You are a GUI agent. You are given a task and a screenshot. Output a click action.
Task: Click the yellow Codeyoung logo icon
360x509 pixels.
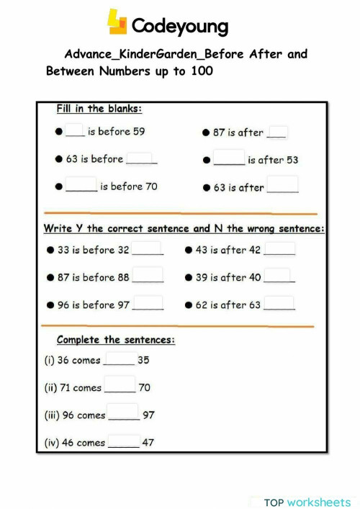point(117,22)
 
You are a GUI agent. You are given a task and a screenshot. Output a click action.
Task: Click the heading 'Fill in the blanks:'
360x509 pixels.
point(99,109)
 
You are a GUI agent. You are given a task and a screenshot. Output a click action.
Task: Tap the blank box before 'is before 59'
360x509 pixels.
point(75,131)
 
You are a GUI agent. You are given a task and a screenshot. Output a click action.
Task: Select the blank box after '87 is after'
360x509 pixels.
point(277,132)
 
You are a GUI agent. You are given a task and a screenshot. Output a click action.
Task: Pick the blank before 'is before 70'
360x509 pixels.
point(81,186)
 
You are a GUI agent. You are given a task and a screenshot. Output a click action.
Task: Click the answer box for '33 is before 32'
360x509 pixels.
point(148,249)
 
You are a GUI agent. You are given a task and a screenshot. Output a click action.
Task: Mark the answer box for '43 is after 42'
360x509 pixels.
point(279,249)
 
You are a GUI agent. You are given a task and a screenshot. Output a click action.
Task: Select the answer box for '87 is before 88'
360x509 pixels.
point(148,276)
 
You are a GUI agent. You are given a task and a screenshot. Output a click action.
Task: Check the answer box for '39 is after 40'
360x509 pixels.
point(279,276)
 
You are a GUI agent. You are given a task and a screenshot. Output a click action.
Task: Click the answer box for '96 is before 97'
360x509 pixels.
point(148,303)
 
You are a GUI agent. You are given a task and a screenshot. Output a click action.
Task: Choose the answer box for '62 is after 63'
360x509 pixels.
point(280,303)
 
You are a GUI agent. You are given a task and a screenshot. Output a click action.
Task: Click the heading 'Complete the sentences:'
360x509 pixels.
point(116,340)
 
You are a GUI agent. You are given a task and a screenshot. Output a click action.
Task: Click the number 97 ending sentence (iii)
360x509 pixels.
point(148,415)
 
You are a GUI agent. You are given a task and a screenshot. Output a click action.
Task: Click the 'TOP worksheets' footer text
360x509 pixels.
point(307,502)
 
